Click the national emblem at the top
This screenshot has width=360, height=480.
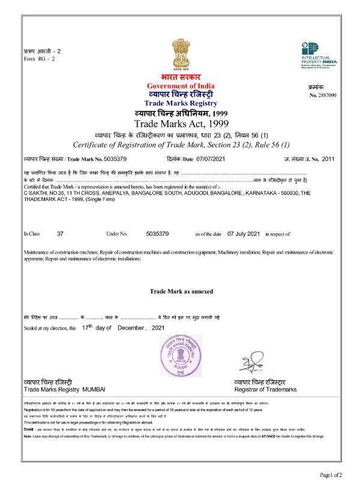(180, 53)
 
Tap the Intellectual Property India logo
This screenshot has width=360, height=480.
(318, 55)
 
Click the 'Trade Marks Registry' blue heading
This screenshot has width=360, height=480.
(180, 104)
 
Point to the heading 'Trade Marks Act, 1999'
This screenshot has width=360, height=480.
(180, 124)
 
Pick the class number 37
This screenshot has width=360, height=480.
(59, 233)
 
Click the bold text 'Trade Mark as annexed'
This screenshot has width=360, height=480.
(179, 291)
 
